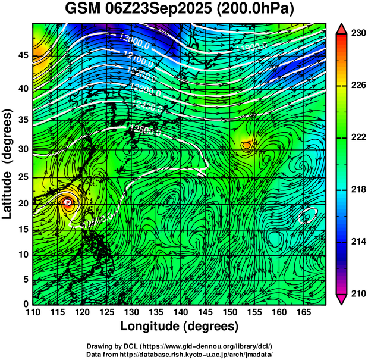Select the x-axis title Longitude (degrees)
[179, 326]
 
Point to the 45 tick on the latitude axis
[23, 55]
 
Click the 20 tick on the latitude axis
[23, 203]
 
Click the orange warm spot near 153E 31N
[247, 144]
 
